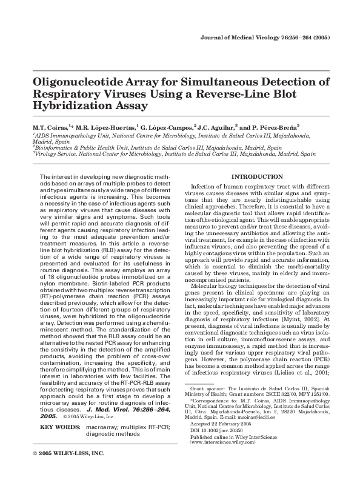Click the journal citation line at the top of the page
click(x=264, y=38)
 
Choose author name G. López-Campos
click(x=167, y=128)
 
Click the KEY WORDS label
click(x=59, y=427)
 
